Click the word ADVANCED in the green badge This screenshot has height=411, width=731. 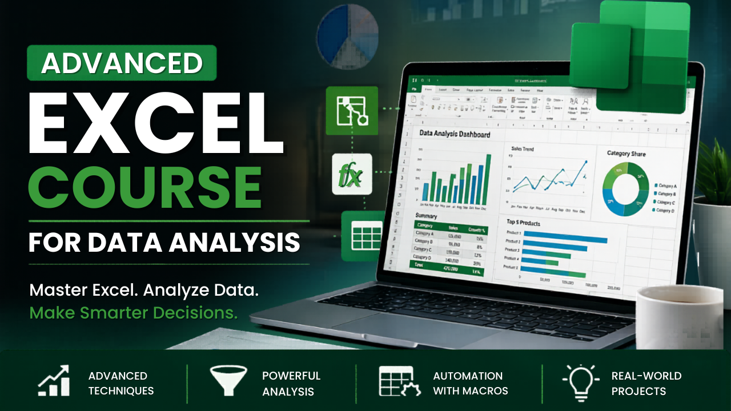pyautogui.click(x=122, y=63)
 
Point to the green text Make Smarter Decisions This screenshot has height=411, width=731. pyautogui.click(x=133, y=312)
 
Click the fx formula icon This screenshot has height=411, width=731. pyautogui.click(x=351, y=174)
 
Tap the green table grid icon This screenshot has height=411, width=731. pyautogui.click(x=359, y=236)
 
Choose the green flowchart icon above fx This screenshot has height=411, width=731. pyautogui.click(x=351, y=111)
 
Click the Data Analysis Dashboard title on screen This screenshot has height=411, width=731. pyautogui.click(x=455, y=134)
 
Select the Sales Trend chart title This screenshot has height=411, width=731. pyautogui.click(x=522, y=148)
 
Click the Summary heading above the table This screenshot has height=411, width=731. pyautogui.click(x=427, y=216)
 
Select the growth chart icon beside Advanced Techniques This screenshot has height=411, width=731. pyautogui.click(x=54, y=381)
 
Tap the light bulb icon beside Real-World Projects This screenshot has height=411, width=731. pyautogui.click(x=580, y=381)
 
